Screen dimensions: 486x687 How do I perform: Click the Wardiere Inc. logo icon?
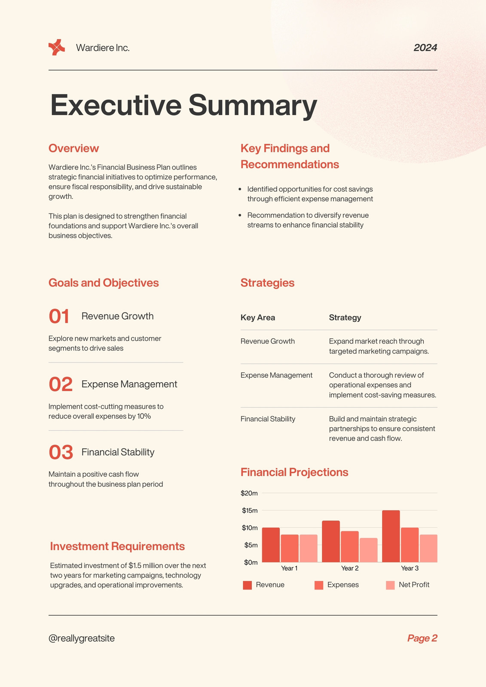click(57, 47)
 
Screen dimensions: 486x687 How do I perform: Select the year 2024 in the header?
click(425, 48)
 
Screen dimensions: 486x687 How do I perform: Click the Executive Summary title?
click(183, 105)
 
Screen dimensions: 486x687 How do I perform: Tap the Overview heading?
click(73, 148)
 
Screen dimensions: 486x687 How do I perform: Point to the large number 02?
click(61, 384)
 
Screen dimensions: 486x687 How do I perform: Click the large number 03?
click(61, 453)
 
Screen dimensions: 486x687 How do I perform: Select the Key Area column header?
click(257, 317)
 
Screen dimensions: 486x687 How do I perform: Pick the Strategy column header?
click(345, 318)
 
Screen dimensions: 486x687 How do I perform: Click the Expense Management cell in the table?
click(276, 375)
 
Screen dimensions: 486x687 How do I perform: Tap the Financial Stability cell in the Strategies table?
click(268, 419)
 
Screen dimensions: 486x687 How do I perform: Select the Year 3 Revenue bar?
click(391, 536)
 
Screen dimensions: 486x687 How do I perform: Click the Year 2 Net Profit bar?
click(368, 550)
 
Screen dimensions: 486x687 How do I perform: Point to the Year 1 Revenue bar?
click(271, 545)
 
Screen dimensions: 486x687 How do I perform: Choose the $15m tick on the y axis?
click(250, 511)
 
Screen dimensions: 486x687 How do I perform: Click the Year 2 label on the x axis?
click(350, 568)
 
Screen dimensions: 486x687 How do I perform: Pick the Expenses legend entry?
click(336, 585)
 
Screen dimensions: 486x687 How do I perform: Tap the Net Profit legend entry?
click(407, 585)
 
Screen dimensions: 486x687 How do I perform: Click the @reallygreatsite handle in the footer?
click(82, 638)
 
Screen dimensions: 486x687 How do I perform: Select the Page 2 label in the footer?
click(422, 638)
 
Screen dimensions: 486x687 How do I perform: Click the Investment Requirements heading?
click(117, 546)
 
